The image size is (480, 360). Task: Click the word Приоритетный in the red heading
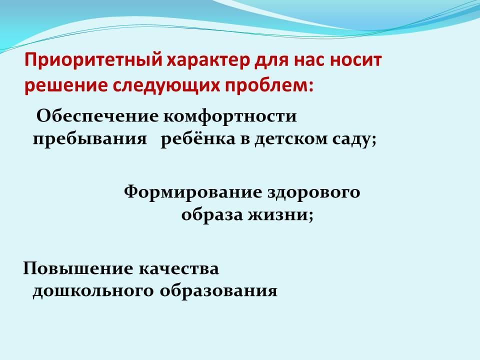click(93, 60)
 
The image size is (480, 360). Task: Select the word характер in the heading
click(208, 60)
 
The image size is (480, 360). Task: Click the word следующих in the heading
click(166, 86)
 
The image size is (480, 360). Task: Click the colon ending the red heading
click(310, 87)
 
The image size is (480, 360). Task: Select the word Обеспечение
click(97, 116)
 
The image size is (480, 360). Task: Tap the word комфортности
click(229, 117)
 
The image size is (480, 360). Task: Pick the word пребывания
click(89, 139)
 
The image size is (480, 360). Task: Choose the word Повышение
click(78, 269)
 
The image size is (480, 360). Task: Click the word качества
click(179, 269)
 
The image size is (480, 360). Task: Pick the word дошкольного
click(93, 291)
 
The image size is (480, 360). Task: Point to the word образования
click(218, 291)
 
